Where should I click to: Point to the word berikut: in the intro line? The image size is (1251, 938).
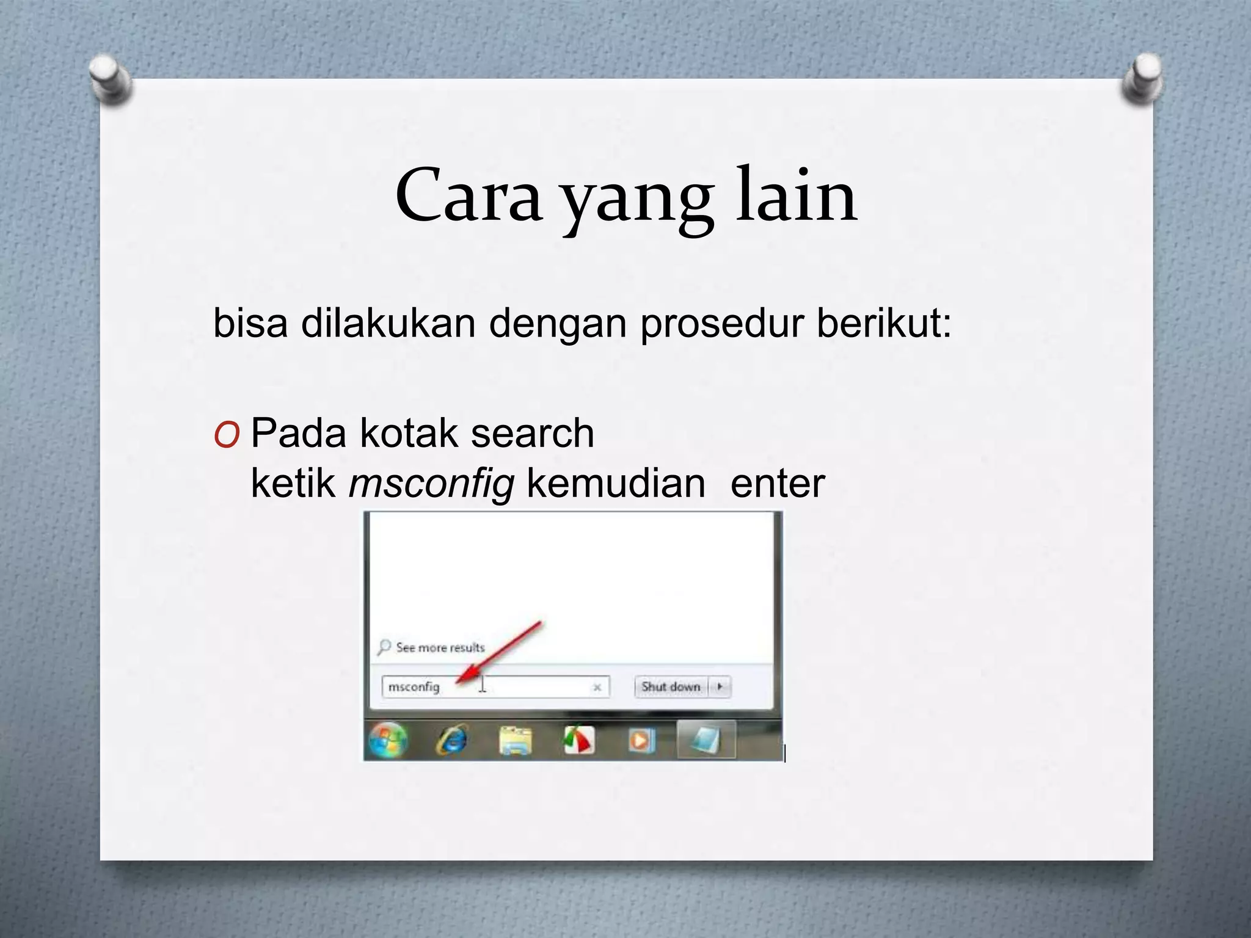(884, 323)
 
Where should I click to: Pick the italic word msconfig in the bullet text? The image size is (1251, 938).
(431, 484)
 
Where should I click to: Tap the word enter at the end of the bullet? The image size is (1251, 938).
(777, 484)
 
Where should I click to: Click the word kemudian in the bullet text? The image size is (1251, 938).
(616, 484)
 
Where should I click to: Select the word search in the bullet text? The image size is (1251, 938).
(532, 434)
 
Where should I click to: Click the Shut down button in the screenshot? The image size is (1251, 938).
(671, 687)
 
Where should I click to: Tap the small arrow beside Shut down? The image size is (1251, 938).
(720, 687)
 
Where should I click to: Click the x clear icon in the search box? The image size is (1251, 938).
(597, 688)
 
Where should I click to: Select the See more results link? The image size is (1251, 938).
(440, 647)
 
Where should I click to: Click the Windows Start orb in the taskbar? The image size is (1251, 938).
(387, 741)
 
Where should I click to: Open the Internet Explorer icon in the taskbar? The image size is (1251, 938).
(453, 741)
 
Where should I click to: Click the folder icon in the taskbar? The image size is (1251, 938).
(516, 741)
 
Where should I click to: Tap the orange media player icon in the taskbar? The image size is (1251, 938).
(641, 741)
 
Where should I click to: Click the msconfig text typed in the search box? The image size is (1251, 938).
(414, 687)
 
